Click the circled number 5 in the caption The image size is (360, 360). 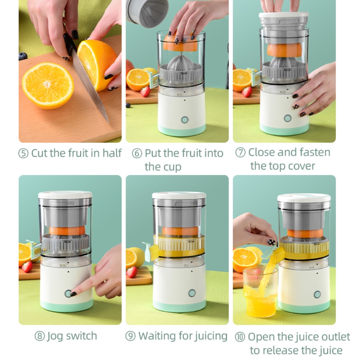point(23,154)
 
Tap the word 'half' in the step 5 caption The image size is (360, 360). point(112,153)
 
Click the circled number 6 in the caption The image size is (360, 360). point(137,154)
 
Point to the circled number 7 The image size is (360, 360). point(240,153)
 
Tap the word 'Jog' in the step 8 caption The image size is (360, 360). point(55,336)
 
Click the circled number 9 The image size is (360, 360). point(130,336)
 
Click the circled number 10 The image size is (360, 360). point(240,337)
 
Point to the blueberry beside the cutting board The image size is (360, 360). point(23,56)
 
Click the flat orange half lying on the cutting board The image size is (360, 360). point(48,85)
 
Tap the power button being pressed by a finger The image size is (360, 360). point(68,293)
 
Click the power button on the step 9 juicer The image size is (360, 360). point(192,293)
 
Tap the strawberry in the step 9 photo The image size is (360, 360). point(132,272)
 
